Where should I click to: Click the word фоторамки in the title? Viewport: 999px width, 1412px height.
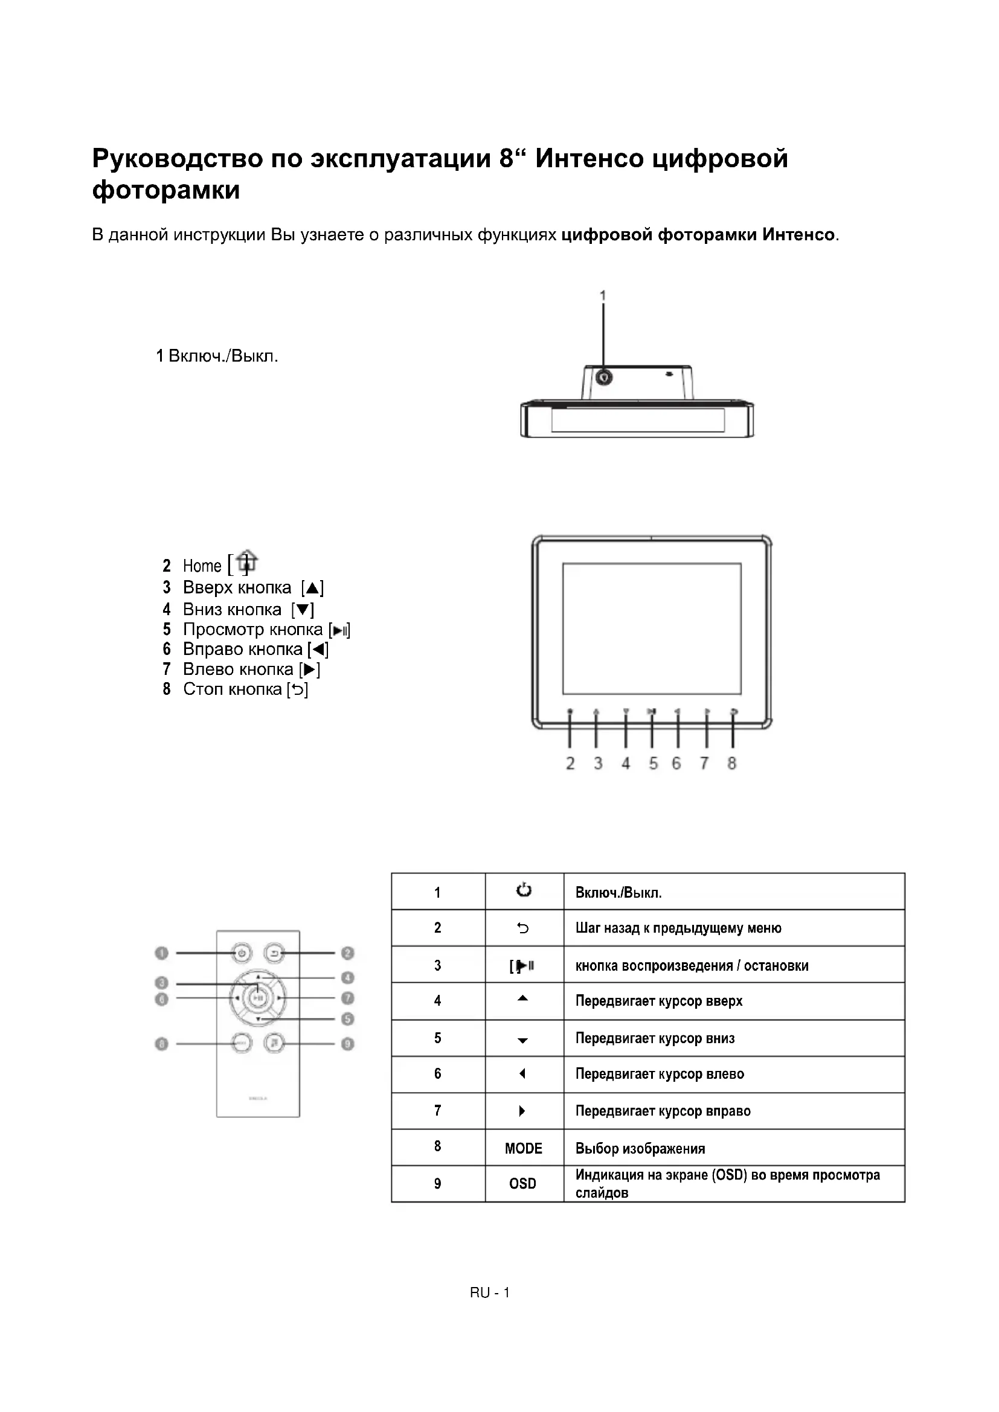click(166, 190)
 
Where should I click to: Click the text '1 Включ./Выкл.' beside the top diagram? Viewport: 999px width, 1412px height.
click(217, 356)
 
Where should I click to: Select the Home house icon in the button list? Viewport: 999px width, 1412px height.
click(247, 561)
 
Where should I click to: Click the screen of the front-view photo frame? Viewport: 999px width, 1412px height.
click(652, 628)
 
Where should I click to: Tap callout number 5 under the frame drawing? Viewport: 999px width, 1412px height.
click(653, 763)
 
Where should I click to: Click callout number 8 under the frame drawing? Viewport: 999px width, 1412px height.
click(731, 763)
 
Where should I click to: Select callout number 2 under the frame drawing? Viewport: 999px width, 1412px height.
click(570, 763)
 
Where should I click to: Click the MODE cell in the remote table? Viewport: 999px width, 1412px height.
click(524, 1148)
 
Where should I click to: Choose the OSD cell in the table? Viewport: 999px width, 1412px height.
click(523, 1183)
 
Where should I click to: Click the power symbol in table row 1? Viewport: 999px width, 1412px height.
click(524, 890)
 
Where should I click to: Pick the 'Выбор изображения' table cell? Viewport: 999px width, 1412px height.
click(640, 1148)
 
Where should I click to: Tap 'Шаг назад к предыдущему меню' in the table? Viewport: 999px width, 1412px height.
click(678, 928)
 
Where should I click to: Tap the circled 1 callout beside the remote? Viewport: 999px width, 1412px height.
click(161, 953)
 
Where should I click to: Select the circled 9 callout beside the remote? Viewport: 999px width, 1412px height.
click(347, 1044)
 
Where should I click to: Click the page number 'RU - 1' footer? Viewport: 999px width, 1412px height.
click(490, 1292)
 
